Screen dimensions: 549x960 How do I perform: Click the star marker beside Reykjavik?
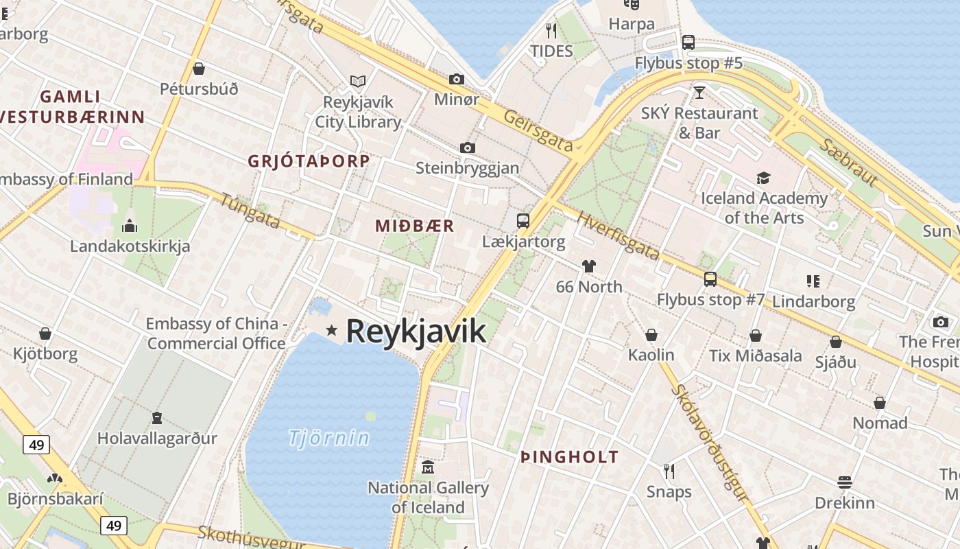pyautogui.click(x=332, y=331)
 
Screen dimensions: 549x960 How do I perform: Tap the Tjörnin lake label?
pyautogui.click(x=328, y=438)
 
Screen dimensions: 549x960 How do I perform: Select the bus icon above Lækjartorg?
pyautogui.click(x=523, y=221)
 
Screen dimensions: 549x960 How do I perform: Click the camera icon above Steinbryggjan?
pyautogui.click(x=468, y=148)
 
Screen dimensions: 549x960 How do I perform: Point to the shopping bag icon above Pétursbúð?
pyautogui.click(x=199, y=69)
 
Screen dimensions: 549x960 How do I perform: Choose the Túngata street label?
pyautogui.click(x=250, y=210)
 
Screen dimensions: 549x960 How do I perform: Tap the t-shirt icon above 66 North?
pyautogui.click(x=588, y=266)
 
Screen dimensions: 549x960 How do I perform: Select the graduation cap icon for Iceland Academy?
pyautogui.click(x=763, y=178)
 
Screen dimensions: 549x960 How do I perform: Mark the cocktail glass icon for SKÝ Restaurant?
pyautogui.click(x=699, y=93)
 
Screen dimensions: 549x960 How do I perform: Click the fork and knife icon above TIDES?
pyautogui.click(x=551, y=30)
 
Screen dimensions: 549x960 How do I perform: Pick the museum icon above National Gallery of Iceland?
pyautogui.click(x=428, y=468)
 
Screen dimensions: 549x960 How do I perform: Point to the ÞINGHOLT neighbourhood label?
pyautogui.click(x=569, y=457)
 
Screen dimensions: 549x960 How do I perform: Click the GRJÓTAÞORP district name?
pyautogui.click(x=309, y=161)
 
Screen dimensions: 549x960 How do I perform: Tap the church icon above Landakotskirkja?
pyautogui.click(x=130, y=226)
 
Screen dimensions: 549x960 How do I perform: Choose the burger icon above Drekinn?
pyautogui.click(x=844, y=482)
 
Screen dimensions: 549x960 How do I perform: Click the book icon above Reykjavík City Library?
pyautogui.click(x=358, y=81)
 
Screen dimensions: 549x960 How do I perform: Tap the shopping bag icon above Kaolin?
pyautogui.click(x=651, y=335)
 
